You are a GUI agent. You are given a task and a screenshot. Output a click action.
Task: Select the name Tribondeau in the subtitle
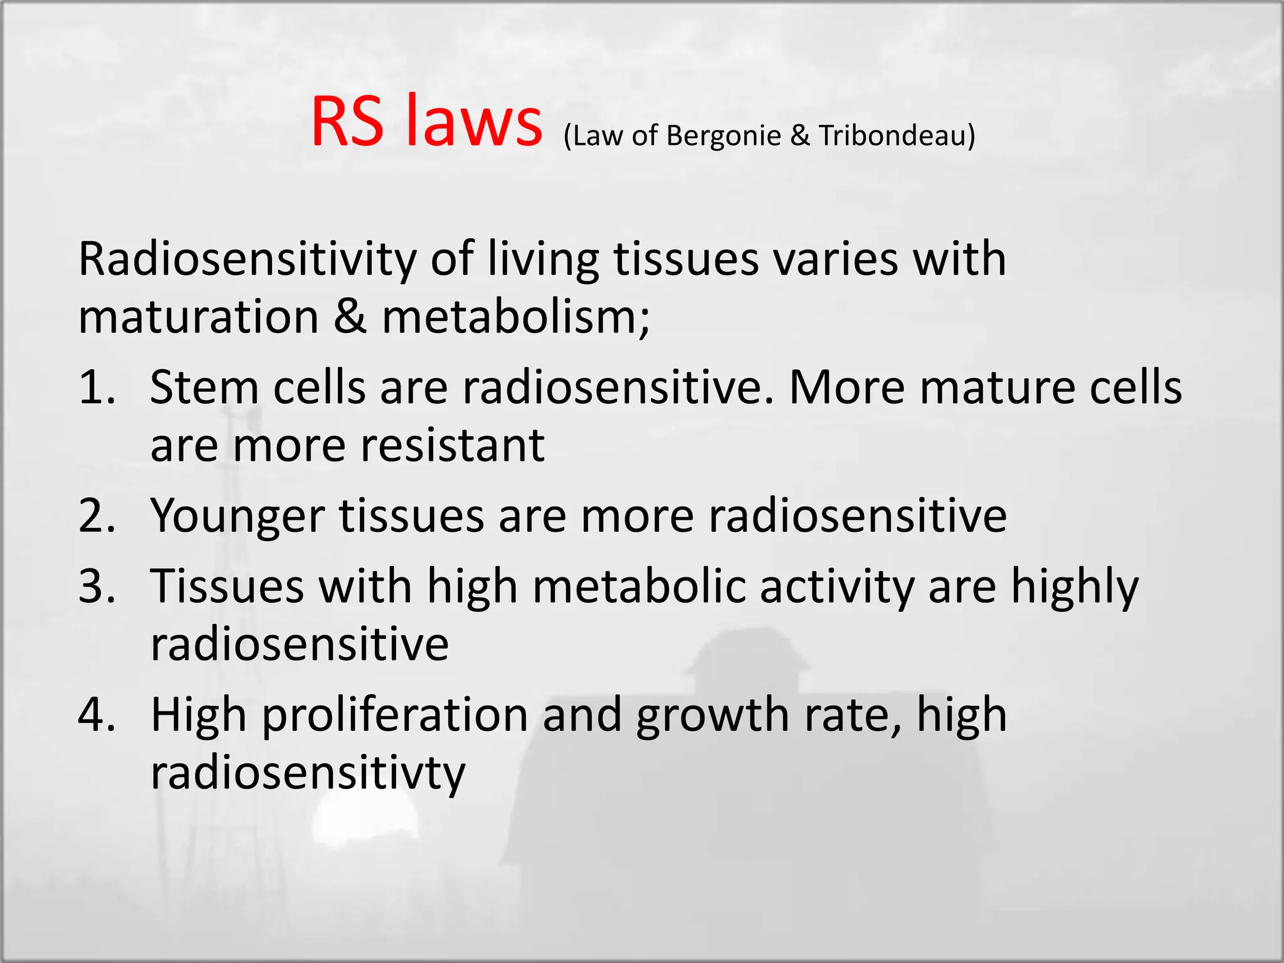[893, 136]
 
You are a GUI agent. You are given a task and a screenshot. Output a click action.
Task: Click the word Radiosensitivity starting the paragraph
[247, 260]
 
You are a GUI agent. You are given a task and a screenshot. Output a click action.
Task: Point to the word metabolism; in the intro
[517, 317]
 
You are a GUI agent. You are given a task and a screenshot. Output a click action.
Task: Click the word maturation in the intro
[199, 317]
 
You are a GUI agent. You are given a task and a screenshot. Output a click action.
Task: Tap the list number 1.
[97, 388]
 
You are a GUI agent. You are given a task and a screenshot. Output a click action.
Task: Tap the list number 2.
[97, 516]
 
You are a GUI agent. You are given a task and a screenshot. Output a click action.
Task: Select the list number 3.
[97, 587]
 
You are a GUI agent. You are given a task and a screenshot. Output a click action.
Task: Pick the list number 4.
[97, 715]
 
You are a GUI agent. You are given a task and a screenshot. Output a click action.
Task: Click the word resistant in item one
[452, 446]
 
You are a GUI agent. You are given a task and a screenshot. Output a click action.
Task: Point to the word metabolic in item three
[639, 587]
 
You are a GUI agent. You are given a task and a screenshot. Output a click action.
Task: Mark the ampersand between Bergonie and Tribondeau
[799, 136]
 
